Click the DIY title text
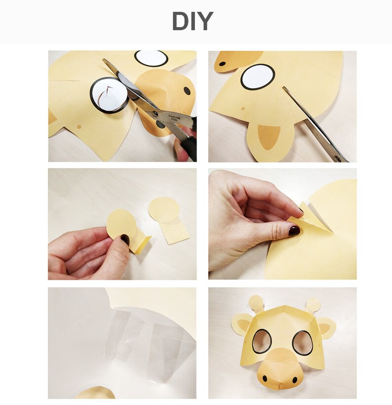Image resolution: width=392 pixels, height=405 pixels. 193,22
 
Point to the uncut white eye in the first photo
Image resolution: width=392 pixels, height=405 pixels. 151,58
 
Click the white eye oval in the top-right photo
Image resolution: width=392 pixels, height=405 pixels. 258,77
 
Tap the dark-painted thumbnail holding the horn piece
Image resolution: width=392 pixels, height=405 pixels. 125,239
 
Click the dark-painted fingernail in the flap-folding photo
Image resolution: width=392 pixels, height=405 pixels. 294,230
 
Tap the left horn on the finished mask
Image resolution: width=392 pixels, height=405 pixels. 256,303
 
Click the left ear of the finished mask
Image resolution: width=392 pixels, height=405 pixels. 242,325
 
